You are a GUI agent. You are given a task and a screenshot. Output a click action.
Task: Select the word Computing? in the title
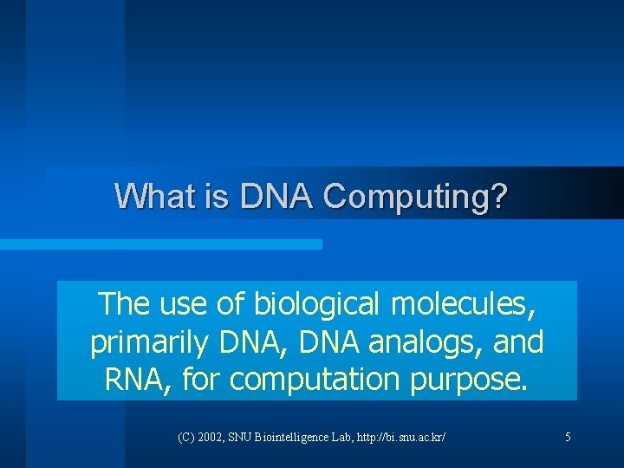click(414, 197)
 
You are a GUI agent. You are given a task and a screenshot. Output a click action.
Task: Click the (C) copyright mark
click(186, 438)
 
